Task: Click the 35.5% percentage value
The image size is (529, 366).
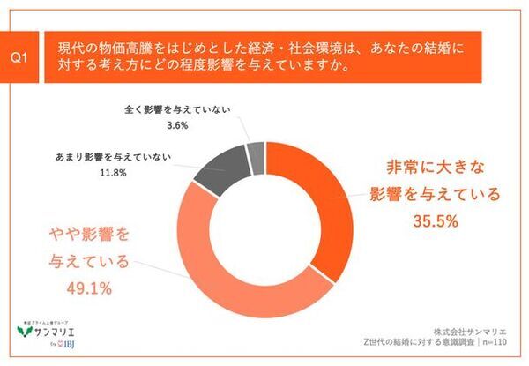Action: tap(434, 222)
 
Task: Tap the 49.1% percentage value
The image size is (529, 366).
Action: tap(87, 288)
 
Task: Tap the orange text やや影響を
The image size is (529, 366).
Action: tap(87, 235)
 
